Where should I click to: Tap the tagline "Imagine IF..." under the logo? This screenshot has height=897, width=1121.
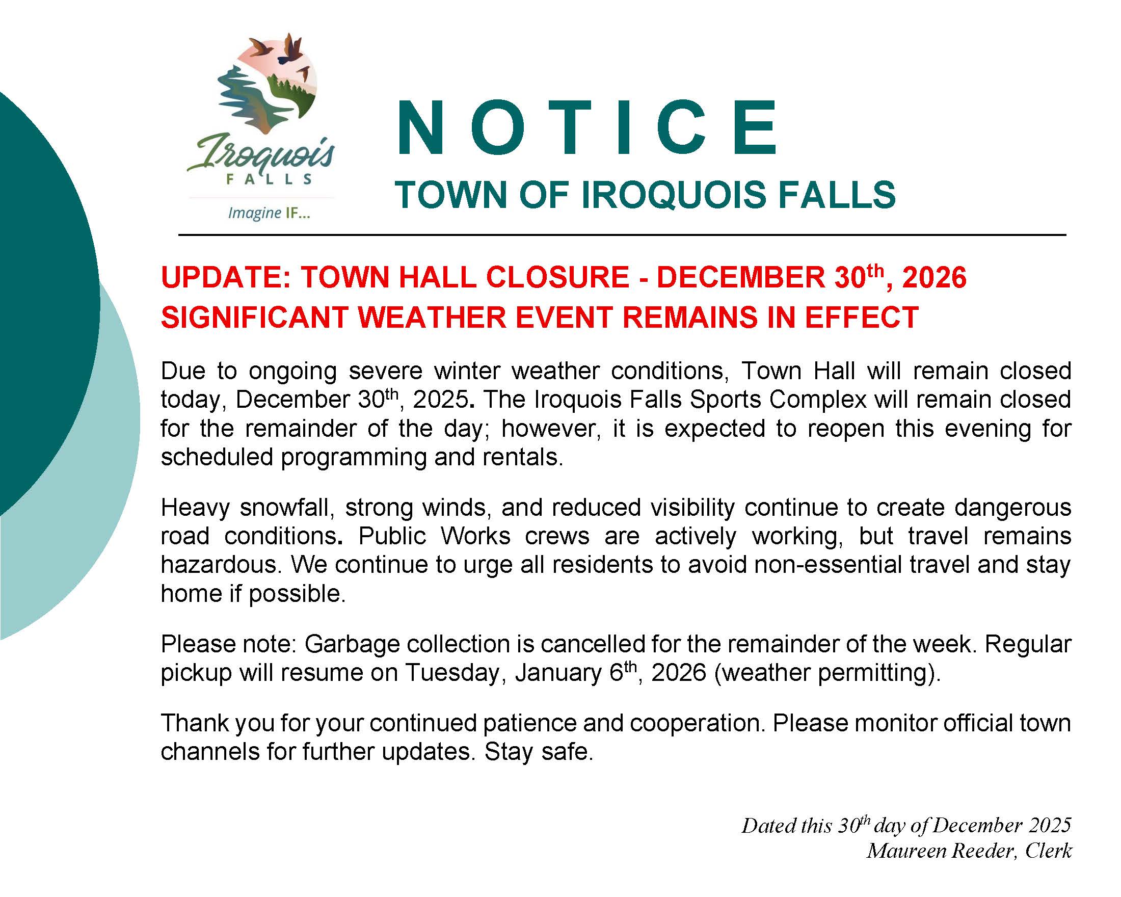point(269,213)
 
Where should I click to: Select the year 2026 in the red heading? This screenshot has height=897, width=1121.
point(935,277)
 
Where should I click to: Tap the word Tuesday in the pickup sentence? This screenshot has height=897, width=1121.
point(456,673)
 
